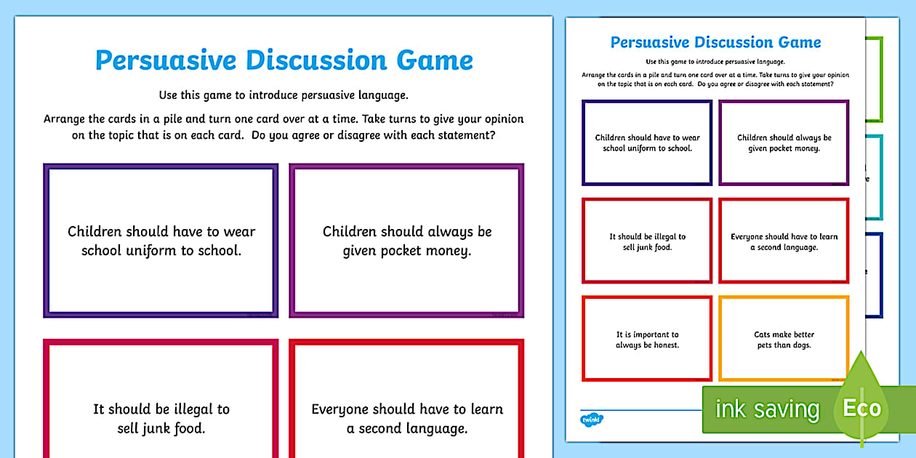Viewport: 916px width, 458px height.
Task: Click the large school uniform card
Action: (x=161, y=241)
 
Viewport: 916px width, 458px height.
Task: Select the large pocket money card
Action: (x=406, y=241)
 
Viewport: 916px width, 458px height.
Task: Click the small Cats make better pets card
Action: (x=783, y=339)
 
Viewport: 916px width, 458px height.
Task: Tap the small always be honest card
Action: (x=646, y=339)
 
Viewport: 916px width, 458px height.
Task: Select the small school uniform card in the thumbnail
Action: (x=646, y=142)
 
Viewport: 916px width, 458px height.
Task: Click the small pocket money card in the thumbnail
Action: (x=783, y=142)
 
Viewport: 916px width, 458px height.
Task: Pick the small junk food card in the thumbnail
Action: (x=646, y=241)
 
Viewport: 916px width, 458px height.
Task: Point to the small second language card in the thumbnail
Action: (x=783, y=241)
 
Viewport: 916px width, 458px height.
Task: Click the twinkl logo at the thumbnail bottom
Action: (x=592, y=419)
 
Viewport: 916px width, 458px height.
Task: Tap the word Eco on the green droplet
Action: (x=862, y=408)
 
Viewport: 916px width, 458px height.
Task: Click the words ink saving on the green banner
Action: (x=766, y=409)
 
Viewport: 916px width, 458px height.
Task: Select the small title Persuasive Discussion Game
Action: (x=715, y=42)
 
